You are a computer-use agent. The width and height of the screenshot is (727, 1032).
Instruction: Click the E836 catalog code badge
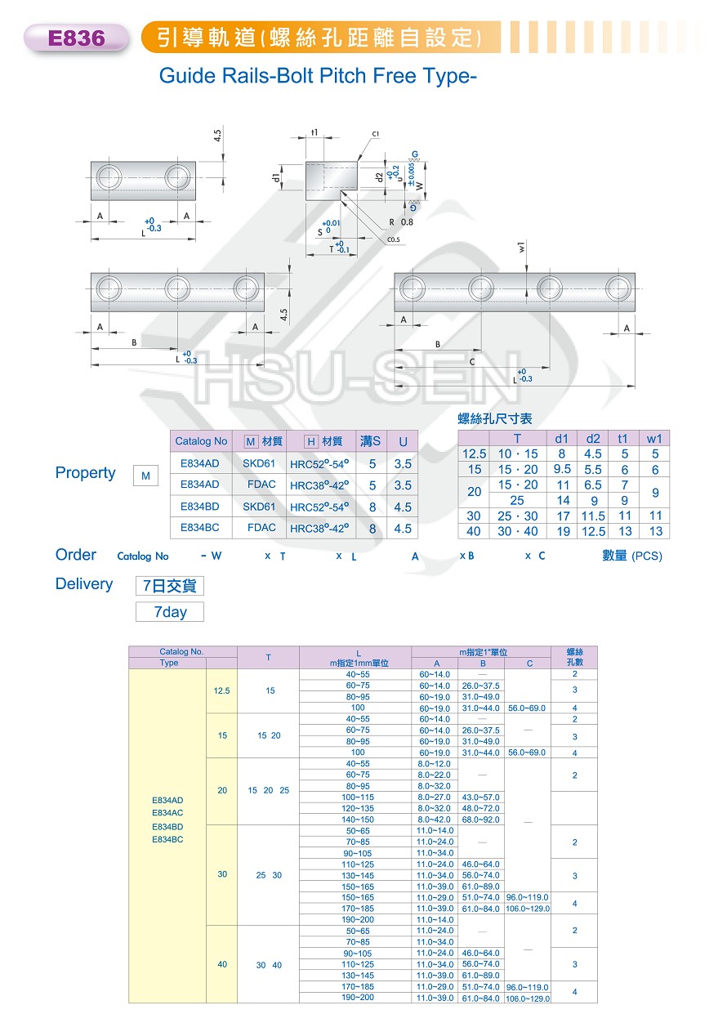point(76,38)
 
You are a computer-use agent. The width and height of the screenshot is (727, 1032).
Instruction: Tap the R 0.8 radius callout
point(401,222)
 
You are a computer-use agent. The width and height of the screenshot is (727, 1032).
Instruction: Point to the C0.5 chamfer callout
point(393,239)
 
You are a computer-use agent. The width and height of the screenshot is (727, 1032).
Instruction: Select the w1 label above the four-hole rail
point(521,247)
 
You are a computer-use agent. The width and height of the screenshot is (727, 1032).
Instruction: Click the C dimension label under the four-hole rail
point(472,362)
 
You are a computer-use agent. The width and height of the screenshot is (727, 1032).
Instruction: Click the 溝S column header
point(370,441)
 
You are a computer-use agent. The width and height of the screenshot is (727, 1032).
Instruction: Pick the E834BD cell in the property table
point(200,507)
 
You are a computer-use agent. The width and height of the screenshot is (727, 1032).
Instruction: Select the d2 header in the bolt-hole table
point(593,439)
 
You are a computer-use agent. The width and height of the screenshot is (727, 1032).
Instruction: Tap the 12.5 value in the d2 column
point(593,531)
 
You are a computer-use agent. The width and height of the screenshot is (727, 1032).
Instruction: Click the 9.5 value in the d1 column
point(562,469)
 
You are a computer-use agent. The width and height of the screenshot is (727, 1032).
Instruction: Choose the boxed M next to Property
point(145,476)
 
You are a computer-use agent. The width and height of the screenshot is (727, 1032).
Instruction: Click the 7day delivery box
point(170,612)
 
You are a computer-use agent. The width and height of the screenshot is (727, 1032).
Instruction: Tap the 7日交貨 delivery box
point(170,586)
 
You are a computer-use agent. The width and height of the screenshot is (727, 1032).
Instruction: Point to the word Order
point(76,555)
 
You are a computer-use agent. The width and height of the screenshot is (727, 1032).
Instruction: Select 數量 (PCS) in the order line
point(632,556)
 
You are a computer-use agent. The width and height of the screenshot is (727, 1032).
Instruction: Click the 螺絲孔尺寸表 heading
point(495,418)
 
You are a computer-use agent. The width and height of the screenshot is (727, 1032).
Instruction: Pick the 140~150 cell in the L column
point(358,820)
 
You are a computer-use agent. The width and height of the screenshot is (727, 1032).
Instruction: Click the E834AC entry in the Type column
point(167,813)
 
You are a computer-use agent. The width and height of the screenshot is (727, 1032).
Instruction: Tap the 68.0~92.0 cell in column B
point(480,820)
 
